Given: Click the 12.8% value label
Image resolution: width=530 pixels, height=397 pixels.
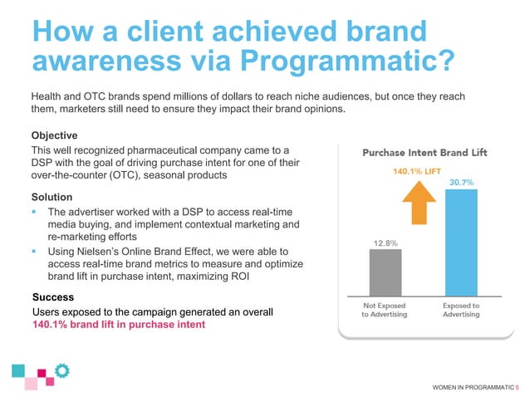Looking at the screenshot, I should (385, 243).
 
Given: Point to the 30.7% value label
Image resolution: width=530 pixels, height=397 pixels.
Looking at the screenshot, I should (461, 181).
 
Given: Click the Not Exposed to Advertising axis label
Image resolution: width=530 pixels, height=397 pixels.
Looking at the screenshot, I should (385, 311).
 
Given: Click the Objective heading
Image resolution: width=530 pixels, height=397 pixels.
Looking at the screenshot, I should (54, 135).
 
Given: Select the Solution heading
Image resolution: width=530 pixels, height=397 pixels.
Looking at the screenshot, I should (52, 197).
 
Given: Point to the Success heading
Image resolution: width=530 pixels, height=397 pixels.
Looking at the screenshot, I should (53, 297).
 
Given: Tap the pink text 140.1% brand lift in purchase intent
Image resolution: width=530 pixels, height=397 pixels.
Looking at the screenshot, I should (117, 325).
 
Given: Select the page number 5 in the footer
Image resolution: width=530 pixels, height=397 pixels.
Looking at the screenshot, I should (517, 386).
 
